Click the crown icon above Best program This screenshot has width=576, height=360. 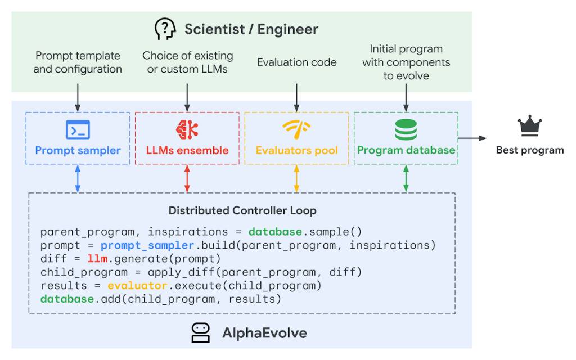pos(530,127)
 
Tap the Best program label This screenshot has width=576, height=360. pos(529,150)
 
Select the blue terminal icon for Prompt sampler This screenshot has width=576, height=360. pos(78,129)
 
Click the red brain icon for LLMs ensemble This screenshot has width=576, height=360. pos(187,129)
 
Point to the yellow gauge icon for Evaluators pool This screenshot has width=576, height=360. pos(296,129)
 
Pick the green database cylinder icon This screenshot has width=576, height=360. pos(406,129)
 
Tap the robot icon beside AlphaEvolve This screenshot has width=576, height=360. pos(201,332)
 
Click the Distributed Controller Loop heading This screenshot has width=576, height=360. pos(242,211)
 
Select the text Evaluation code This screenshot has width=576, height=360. pos(296,62)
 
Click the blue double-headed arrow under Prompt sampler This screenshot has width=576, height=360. pos(78,179)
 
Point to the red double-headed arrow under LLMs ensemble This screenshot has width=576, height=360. pos(187,179)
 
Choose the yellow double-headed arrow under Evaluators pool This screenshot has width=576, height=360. pos(296,179)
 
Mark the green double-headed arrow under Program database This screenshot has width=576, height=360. pos(406,179)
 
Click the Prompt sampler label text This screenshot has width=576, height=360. pos(78,151)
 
